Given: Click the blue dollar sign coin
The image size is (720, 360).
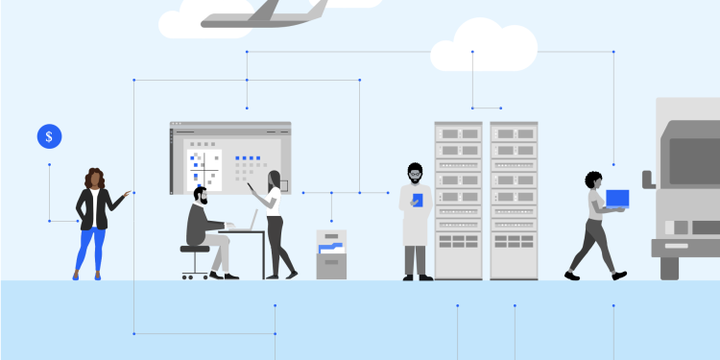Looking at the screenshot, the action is (49, 136).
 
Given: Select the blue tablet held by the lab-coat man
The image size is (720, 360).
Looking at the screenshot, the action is (417, 200).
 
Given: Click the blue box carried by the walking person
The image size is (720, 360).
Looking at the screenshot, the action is (617, 199).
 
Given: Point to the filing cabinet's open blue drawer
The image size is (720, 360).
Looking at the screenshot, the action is (331, 248).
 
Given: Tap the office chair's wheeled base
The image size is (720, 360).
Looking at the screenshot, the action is (195, 274).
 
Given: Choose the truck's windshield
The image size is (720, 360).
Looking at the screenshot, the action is (693, 160).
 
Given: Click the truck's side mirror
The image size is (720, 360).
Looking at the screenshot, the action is (648, 179).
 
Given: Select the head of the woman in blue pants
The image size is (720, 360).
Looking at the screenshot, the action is (95, 178).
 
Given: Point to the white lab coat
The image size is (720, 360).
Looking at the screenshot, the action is (415, 216).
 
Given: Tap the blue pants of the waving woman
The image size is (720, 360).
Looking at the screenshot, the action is (90, 248).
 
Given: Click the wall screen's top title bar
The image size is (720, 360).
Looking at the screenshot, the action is (230, 126).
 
